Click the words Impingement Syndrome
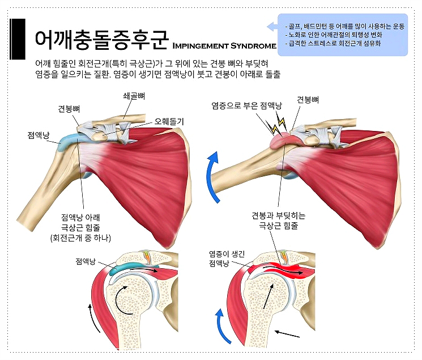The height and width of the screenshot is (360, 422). pyautogui.click(x=223, y=45)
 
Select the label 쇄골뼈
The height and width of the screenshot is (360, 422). pyautogui.click(x=134, y=96)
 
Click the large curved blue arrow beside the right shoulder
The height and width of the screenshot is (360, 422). pyautogui.click(x=214, y=175)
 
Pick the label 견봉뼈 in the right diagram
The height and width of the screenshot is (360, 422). pyautogui.click(x=308, y=100)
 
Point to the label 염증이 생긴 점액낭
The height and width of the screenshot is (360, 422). pyautogui.click(x=226, y=259)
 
